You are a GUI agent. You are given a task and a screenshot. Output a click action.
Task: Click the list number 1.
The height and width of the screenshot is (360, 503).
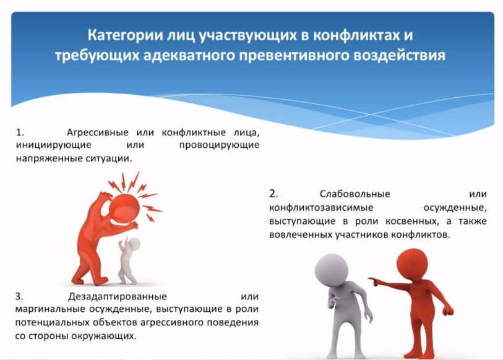(20, 132)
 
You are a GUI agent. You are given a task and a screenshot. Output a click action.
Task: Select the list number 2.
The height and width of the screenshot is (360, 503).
(273, 194)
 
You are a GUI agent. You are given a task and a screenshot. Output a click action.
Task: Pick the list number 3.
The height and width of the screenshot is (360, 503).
(19, 296)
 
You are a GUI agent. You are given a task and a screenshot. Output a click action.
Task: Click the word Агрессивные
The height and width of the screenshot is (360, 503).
(98, 132)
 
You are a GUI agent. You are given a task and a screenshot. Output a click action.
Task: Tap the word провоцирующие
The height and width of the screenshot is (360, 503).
(219, 145)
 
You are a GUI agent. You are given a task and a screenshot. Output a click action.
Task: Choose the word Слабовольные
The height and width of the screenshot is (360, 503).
(355, 194)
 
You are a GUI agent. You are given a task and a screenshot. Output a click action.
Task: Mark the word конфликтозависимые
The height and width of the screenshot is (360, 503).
(321, 208)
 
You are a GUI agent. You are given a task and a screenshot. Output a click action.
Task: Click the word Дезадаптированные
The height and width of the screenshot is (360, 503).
(118, 296)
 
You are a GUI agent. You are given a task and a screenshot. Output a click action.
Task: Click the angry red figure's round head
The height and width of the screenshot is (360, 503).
(124, 209)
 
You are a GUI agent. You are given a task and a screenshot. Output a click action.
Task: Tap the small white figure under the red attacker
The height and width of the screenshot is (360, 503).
(128, 260)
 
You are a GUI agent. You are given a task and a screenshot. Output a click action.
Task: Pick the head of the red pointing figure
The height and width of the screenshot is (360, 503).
(412, 262)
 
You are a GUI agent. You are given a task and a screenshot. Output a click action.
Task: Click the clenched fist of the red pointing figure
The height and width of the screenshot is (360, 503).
(448, 311)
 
